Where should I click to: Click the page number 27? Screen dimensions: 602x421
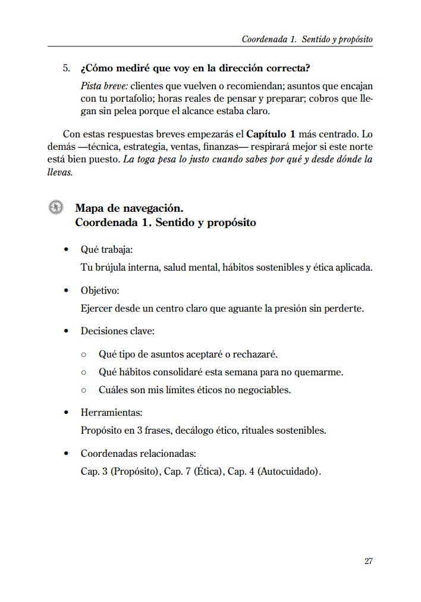click(x=368, y=561)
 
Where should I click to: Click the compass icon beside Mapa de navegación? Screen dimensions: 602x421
click(x=56, y=208)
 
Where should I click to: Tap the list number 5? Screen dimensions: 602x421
click(x=67, y=68)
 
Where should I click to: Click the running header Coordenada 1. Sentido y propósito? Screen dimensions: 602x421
click(x=307, y=39)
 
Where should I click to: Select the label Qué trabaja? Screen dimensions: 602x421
click(x=106, y=249)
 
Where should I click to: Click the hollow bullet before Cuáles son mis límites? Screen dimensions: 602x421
click(x=84, y=391)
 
